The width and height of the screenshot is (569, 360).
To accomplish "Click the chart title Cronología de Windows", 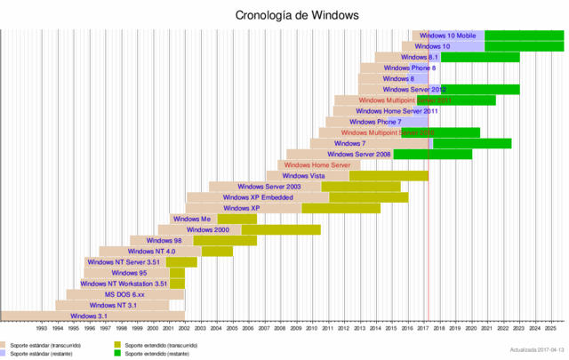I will [x=284, y=15].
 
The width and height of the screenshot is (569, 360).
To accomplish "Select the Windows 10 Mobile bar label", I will [x=447, y=35].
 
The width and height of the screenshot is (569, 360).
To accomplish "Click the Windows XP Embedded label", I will [x=258, y=197].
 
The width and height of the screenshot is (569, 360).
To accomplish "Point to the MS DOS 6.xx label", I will [x=124, y=294].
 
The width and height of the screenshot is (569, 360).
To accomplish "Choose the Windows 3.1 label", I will [x=89, y=316].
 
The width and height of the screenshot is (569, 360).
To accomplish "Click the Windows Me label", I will [x=192, y=219].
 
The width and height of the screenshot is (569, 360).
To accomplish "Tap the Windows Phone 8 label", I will [x=409, y=68].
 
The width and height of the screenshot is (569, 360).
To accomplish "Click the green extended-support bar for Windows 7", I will [x=471, y=143].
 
